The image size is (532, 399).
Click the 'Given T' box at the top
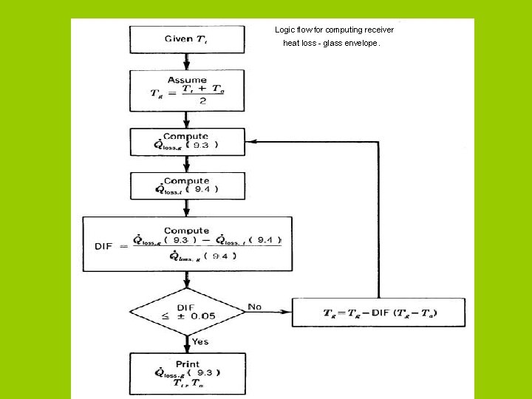pyautogui.click(x=187, y=39)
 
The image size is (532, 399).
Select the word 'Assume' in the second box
pyautogui.click(x=187, y=80)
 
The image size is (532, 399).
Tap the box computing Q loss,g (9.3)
pyautogui.click(x=187, y=141)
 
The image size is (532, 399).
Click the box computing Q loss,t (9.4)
pyautogui.click(x=187, y=185)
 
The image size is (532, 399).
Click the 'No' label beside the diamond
pyautogui.click(x=255, y=306)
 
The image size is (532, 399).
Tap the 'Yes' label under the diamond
pyautogui.click(x=200, y=341)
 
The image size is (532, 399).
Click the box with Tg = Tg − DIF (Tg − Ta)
pyautogui.click(x=379, y=313)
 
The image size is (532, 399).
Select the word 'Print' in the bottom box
pyautogui.click(x=187, y=364)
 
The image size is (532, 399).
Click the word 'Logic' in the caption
pyautogui.click(x=284, y=30)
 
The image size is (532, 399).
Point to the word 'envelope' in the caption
pyautogui.click(x=360, y=44)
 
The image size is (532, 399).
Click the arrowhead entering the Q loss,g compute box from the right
pyautogui.click(x=250, y=141)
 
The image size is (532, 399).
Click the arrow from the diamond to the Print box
pyautogui.click(x=187, y=344)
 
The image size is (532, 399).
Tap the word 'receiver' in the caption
pyautogui.click(x=377, y=30)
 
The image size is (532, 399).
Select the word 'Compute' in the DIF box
pyautogui.click(x=187, y=231)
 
